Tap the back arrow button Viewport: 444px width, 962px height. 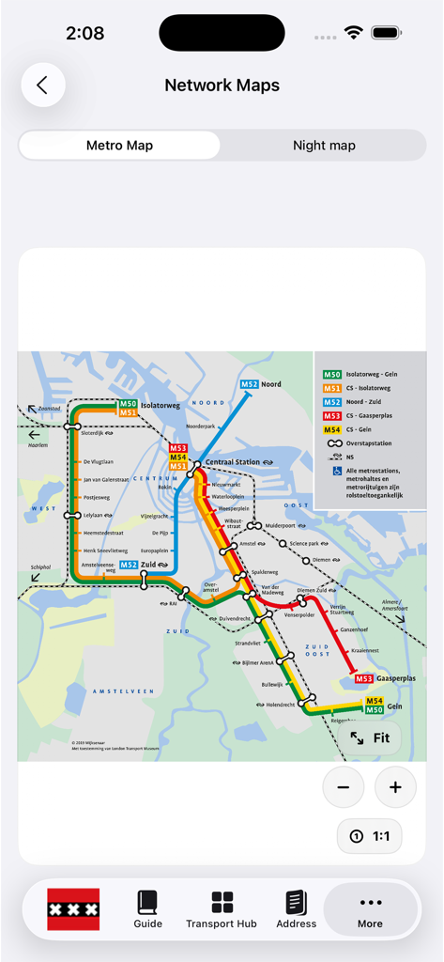(42, 85)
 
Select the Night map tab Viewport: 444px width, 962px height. (324, 146)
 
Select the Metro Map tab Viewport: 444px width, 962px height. (119, 146)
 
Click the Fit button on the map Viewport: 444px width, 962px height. (370, 737)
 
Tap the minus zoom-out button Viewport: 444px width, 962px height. (344, 787)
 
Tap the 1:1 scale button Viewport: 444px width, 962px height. (370, 836)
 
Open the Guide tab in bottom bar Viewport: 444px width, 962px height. (148, 909)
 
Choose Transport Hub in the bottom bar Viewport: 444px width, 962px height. (222, 909)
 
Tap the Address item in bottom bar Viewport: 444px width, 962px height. (297, 909)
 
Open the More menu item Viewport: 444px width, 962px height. (370, 909)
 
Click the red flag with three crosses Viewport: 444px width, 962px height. (73, 909)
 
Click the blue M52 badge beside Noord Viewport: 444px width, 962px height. (249, 384)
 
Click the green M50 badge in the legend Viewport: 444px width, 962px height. (332, 374)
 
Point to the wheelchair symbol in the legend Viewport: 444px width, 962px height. (336, 471)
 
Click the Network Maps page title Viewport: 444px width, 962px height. (222, 85)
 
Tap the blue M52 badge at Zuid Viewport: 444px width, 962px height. (129, 565)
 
